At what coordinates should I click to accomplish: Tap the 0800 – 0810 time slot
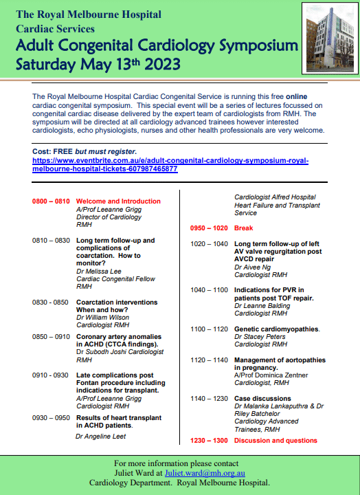tap(52, 201)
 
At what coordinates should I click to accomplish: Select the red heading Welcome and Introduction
tap(118, 201)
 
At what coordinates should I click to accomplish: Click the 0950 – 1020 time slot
tap(210, 228)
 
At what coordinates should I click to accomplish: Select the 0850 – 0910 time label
tap(52, 337)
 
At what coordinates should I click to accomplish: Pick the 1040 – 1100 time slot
tap(210, 290)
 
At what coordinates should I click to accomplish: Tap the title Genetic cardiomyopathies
tap(277, 329)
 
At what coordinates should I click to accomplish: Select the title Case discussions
tap(262, 398)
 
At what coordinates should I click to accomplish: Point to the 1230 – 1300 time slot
tap(210, 440)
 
